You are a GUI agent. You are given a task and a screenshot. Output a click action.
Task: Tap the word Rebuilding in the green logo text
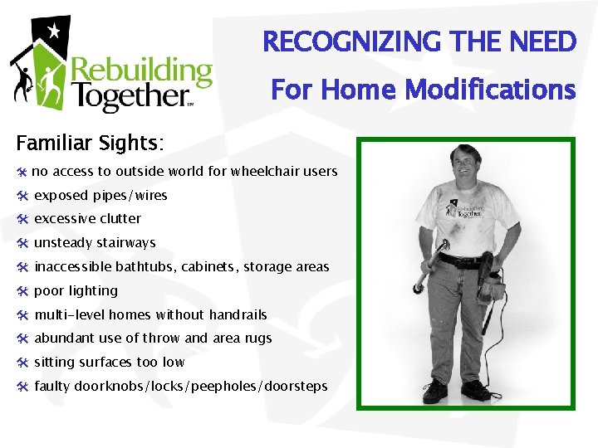140,72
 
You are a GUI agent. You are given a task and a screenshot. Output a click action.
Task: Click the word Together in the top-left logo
128,97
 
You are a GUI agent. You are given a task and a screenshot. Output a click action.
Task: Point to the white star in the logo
54,32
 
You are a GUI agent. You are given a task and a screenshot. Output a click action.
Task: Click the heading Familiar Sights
91,144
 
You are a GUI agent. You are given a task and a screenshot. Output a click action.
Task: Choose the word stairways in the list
125,243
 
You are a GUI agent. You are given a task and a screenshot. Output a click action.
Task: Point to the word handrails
237,315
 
